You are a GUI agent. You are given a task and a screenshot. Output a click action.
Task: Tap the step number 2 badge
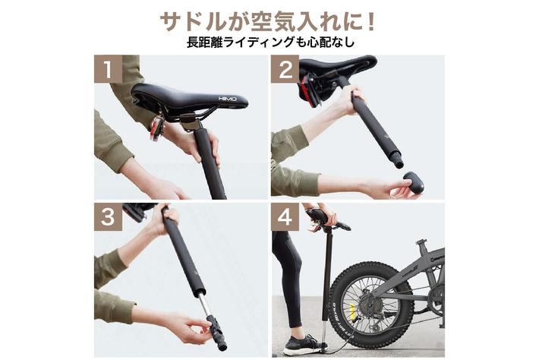[285, 69]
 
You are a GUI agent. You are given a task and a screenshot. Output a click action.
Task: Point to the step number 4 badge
[285, 218]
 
